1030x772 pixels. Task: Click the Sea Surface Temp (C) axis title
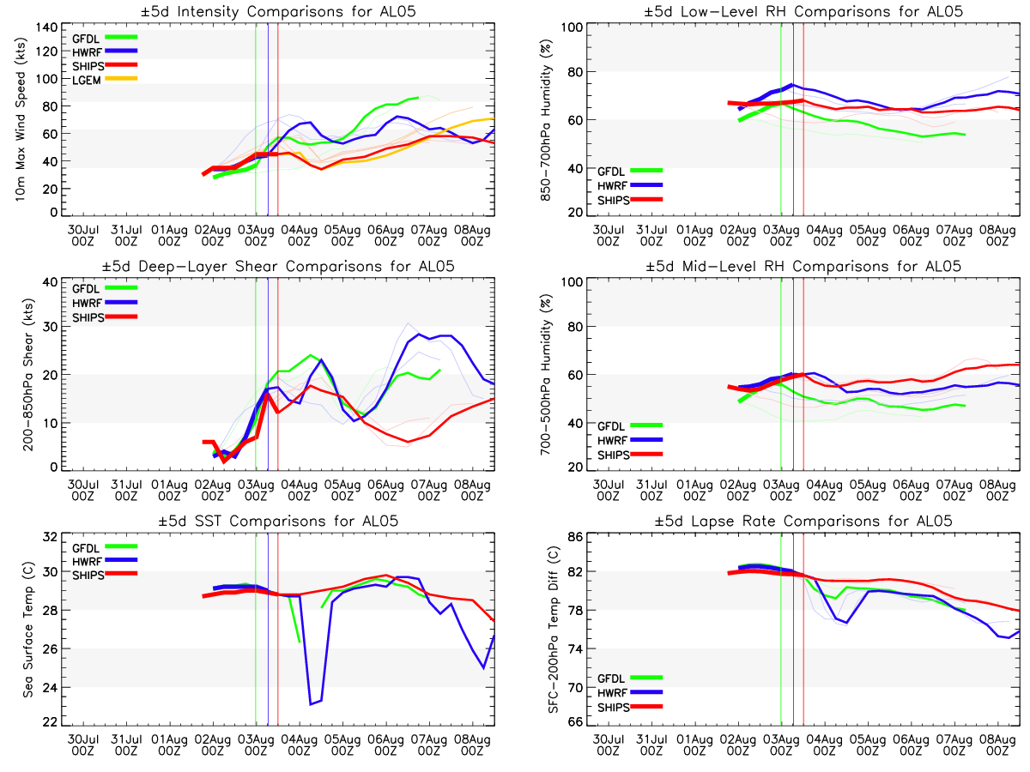27,631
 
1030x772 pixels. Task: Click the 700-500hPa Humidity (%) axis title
545,375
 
